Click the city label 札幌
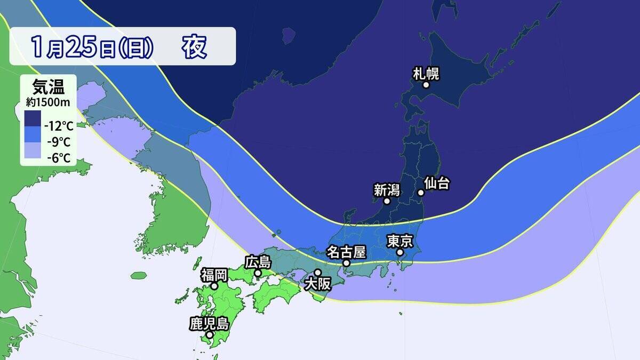426,74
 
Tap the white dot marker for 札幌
426,85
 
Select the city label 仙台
437,183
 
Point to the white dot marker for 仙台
421,193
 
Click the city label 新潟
386,190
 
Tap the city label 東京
399,241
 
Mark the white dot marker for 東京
400,252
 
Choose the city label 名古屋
347,251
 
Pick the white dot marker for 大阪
318,273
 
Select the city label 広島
258,262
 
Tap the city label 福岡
214,275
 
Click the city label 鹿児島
209,324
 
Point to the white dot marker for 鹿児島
210,335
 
